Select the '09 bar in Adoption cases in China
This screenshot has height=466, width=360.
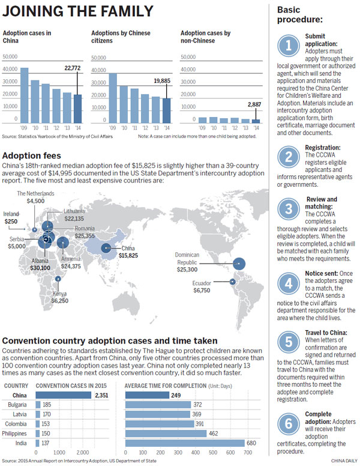click(x=24, y=95)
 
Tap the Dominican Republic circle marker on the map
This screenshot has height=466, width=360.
click(x=239, y=262)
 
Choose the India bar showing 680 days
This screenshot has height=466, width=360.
click(x=184, y=443)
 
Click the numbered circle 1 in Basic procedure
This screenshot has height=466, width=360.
click(x=290, y=46)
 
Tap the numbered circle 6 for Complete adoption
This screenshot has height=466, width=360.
click(x=289, y=423)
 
